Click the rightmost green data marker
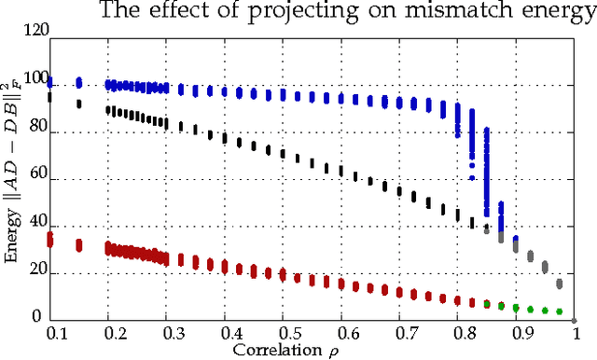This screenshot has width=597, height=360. point(560,312)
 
